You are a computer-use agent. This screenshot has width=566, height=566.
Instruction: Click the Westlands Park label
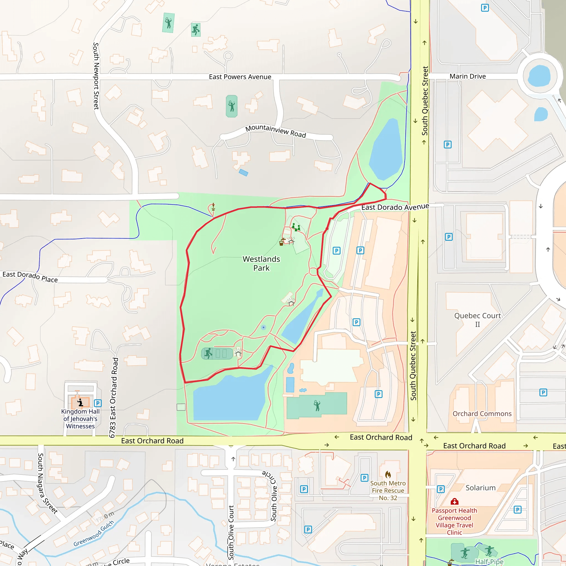pos(261,263)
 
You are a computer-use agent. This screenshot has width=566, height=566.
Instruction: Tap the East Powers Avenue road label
pos(240,77)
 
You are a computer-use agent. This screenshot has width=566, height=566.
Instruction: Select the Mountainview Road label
pos(275,131)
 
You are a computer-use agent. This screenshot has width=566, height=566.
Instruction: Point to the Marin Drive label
pos(468,76)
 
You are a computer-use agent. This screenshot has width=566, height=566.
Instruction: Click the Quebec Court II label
pos(478,320)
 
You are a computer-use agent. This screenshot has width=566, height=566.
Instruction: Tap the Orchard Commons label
pos(482,413)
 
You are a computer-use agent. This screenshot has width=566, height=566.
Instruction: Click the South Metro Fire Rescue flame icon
pos(388,474)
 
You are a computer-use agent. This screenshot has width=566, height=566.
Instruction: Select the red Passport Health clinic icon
pos(454,501)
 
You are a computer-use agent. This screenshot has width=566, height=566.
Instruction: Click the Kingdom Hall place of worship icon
pos(80,402)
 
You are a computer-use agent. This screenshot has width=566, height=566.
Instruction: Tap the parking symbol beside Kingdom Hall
pos(98,403)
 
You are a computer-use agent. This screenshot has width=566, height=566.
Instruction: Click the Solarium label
pos(480,488)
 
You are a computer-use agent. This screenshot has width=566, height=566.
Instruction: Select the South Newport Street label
pos(96,76)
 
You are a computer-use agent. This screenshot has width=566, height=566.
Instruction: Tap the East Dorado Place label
pos(30,277)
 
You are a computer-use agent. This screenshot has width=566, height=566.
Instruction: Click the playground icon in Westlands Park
pos(296,227)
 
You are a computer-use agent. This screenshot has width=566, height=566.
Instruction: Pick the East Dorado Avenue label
pos(395,207)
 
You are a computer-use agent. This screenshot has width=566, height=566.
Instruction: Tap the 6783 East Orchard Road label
pos(114,397)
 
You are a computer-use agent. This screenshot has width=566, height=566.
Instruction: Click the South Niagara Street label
pos(47,483)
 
